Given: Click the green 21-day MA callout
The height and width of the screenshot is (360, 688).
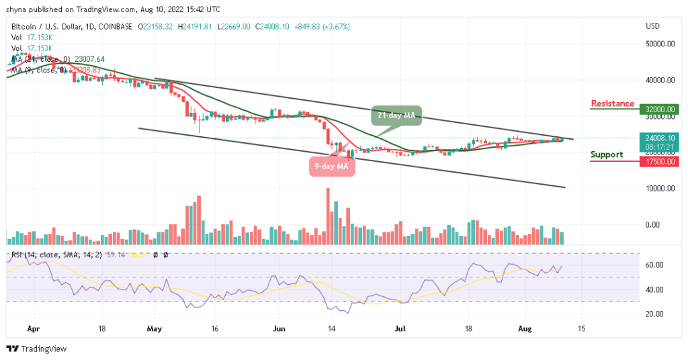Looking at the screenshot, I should tap(396, 116).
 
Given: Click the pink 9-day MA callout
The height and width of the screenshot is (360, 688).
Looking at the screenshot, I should tap(332, 165).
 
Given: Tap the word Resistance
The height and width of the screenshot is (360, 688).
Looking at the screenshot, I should tap(612, 103).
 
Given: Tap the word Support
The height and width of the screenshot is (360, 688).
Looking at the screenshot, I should tap(607, 154).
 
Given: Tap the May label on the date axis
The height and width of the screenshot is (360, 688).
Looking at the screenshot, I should tap(155, 330).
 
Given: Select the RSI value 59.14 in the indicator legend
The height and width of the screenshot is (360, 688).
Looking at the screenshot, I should tap(115, 255).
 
